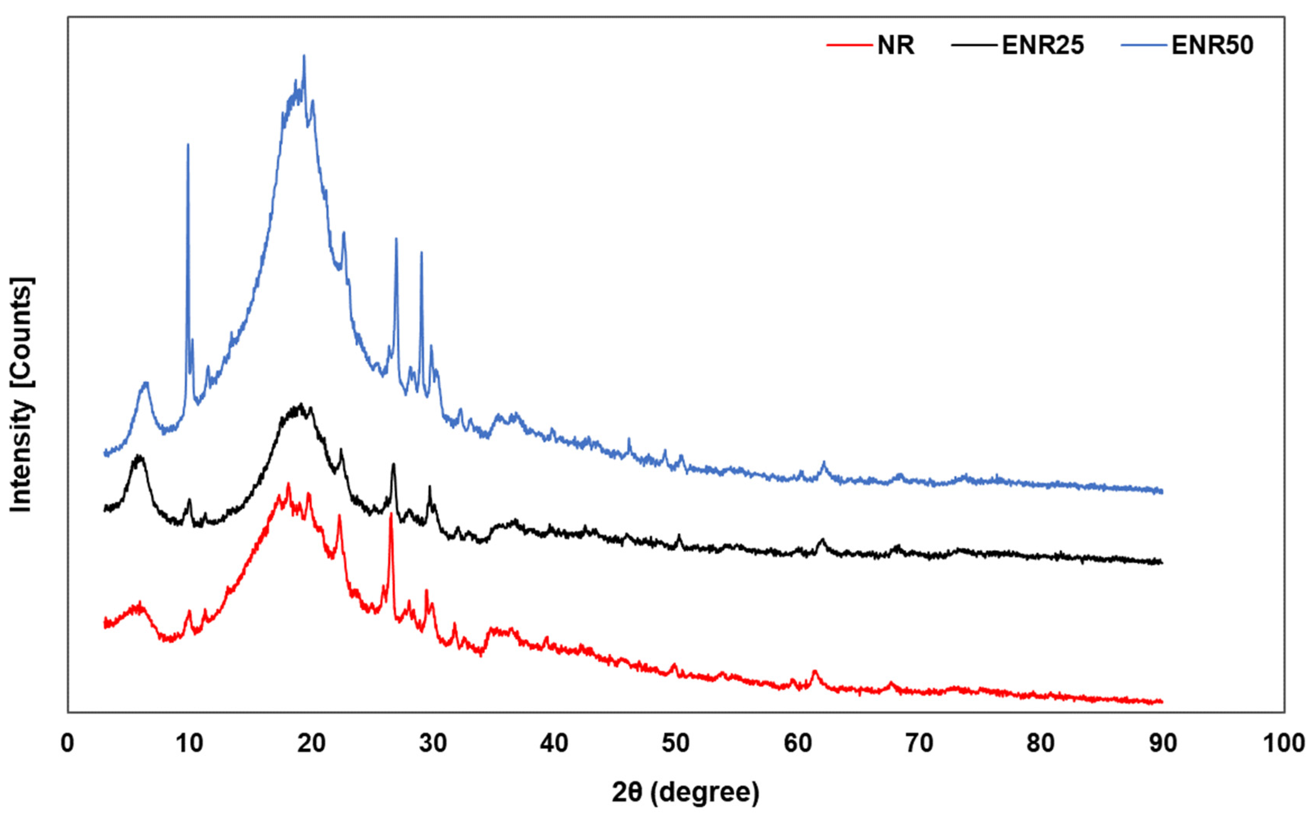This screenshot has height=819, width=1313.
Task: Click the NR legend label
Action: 896,45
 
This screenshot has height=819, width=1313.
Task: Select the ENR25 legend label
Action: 1043,45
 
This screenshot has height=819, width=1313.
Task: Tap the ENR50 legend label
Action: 1212,45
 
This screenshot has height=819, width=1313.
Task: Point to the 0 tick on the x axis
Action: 68,743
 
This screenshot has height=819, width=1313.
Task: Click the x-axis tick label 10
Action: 189,743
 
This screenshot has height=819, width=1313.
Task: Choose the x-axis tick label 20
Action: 311,743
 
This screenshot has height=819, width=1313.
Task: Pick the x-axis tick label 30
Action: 433,743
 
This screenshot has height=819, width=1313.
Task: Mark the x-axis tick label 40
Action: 554,743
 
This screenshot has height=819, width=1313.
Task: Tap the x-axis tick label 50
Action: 676,743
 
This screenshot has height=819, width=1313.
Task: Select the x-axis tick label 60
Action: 798,743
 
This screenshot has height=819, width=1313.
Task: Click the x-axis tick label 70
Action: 919,743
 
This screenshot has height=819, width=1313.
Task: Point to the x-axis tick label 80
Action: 1041,743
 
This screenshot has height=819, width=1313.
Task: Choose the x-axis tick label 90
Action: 1163,743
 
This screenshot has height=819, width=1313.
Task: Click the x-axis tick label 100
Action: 1284,743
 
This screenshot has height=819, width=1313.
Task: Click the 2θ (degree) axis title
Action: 686,792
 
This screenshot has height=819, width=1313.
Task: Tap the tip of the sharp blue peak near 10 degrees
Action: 188,144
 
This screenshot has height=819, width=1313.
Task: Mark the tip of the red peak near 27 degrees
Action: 391,514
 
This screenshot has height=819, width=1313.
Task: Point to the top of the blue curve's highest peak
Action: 304,55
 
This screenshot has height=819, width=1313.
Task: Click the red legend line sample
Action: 850,45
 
